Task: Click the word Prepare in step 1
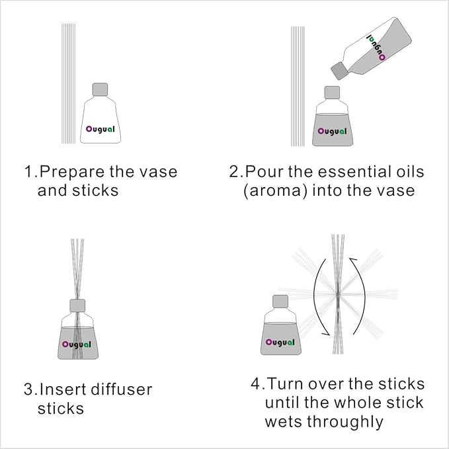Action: click(x=67, y=172)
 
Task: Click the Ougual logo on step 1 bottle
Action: click(x=101, y=129)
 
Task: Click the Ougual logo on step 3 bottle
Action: click(x=79, y=344)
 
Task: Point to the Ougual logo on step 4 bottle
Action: click(x=280, y=342)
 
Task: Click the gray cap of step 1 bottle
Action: click(x=100, y=90)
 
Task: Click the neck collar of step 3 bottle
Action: click(x=79, y=305)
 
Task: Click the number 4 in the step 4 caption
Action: click(x=256, y=384)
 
